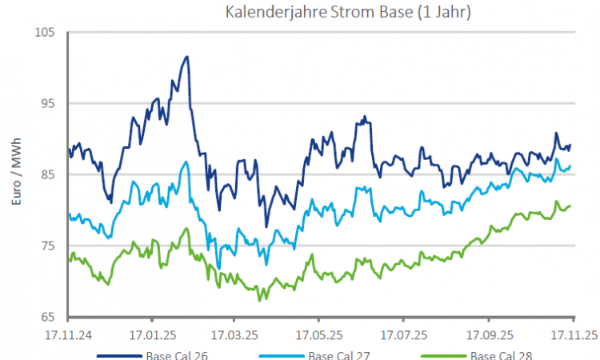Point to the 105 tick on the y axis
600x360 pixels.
45,32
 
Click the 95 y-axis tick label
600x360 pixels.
47,103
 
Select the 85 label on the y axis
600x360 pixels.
47,174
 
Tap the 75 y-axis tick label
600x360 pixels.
47,246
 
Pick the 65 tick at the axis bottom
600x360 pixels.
47,317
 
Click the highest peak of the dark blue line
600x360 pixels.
186,57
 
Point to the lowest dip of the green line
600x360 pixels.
259,300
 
